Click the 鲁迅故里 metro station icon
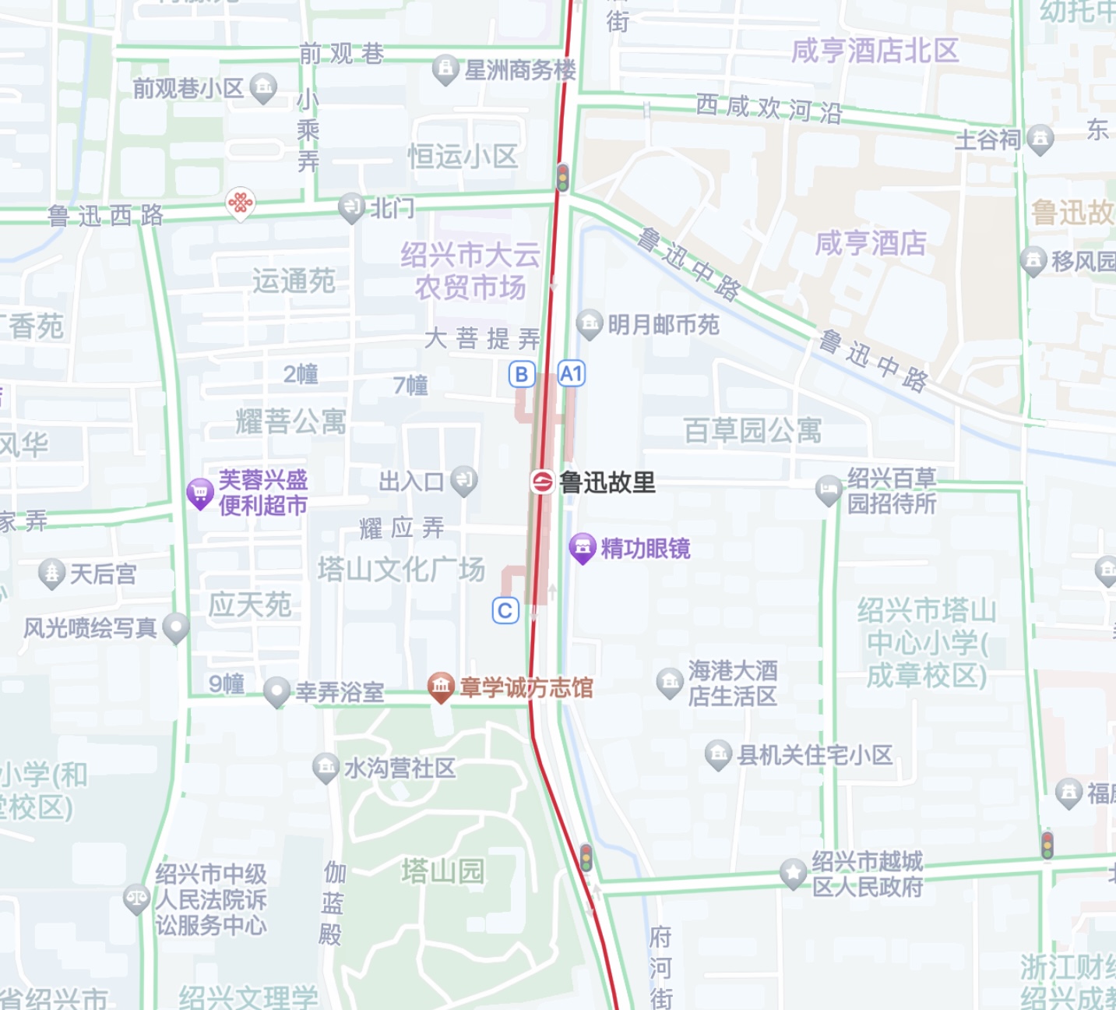[x=542, y=482]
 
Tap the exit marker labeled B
[x=522, y=375]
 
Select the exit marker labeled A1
[x=571, y=374]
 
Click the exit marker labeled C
[x=505, y=610]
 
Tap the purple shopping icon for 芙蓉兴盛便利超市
[x=200, y=493]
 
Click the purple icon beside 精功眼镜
[x=583, y=548]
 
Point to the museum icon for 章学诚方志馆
[x=441, y=687]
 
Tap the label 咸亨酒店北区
[x=875, y=51]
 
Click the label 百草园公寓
[x=752, y=430]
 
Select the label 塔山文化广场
[x=401, y=570]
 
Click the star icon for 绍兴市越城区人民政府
[x=793, y=873]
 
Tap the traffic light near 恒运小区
[x=562, y=177]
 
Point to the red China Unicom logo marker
[x=241, y=204]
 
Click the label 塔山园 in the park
[x=443, y=871]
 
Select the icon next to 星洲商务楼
[x=445, y=69]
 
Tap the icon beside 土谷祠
[x=1040, y=139]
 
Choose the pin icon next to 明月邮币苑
[x=589, y=323]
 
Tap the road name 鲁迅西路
[x=106, y=215]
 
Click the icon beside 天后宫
[x=51, y=574]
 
